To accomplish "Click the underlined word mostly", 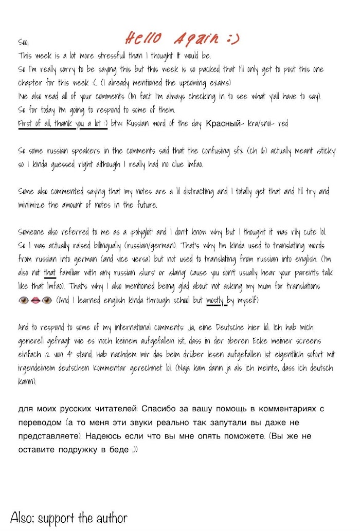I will pos(215,299).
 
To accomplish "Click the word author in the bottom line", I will pos(110,517).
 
